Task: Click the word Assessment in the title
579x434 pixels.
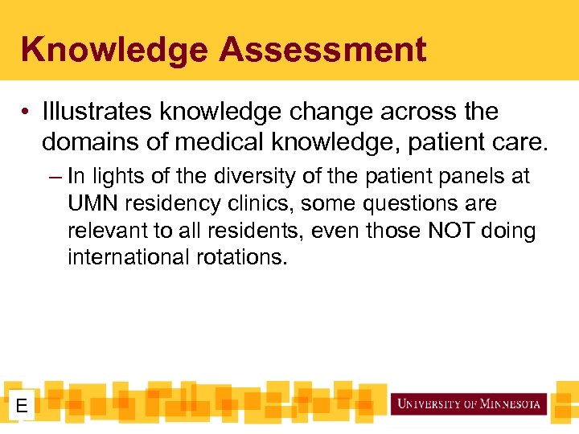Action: (x=322, y=50)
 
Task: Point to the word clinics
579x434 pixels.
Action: (x=263, y=203)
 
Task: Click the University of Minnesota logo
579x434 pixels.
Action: (x=468, y=403)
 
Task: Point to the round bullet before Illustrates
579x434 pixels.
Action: (x=28, y=112)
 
